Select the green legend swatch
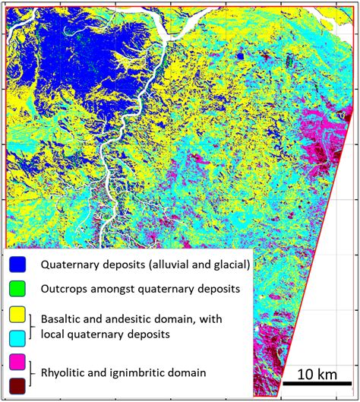(18, 289)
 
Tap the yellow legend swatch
(18, 315)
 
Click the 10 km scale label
(311, 374)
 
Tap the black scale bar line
(311, 384)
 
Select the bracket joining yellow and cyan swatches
(33, 326)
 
